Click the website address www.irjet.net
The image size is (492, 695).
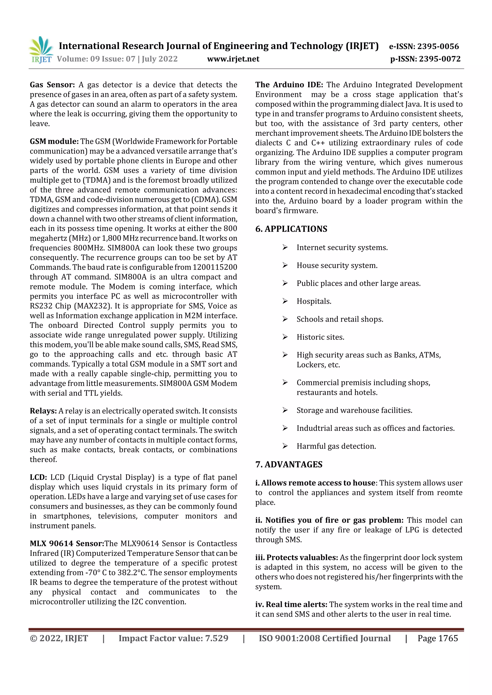tap(233, 59)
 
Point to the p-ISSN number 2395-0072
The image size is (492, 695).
tap(440, 59)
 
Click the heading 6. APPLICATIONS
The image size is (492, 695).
tap(291, 229)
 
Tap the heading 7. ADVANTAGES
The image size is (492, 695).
tap(289, 464)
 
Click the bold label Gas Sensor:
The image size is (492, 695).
tap(52, 85)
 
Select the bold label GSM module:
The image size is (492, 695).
tap(54, 141)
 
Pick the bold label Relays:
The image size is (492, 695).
tap(43, 411)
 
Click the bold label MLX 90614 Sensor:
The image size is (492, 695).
tap(67, 543)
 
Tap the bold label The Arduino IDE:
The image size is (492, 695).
tap(289, 85)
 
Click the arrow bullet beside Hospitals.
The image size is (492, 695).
tap(285, 301)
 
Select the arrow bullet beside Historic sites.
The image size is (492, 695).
tap(285, 337)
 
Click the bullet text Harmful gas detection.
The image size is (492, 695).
tap(336, 446)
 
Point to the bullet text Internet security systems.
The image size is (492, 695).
tap(342, 248)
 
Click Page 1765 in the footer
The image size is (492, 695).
tap(437, 638)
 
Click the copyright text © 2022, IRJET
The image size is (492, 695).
tap(59, 638)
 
